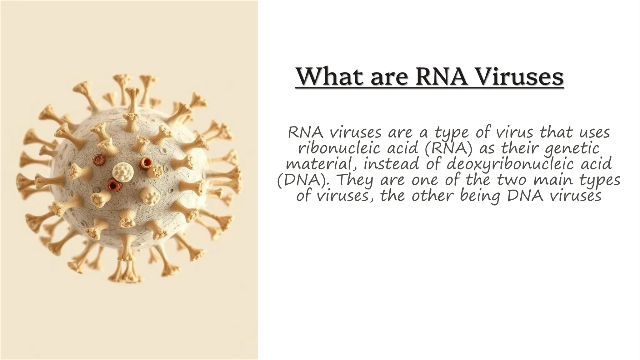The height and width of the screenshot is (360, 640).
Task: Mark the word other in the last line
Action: tap(433, 196)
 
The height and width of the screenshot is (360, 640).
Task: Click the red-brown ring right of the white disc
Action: tap(146, 163)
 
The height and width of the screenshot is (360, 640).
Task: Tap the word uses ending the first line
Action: tap(593, 133)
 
